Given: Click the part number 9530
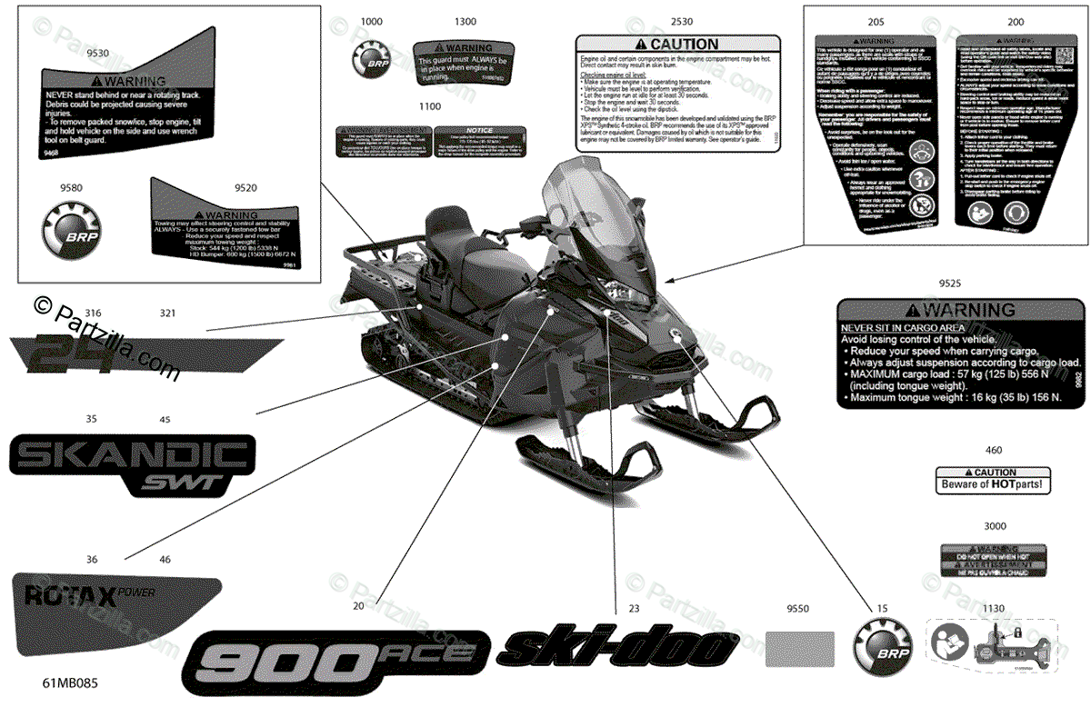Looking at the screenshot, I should click(97, 54).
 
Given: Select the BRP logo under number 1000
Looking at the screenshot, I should click(372, 60).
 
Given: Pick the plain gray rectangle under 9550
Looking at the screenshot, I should click(798, 649).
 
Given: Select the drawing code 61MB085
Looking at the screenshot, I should click(71, 679).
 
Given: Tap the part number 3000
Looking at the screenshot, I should click(996, 526).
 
